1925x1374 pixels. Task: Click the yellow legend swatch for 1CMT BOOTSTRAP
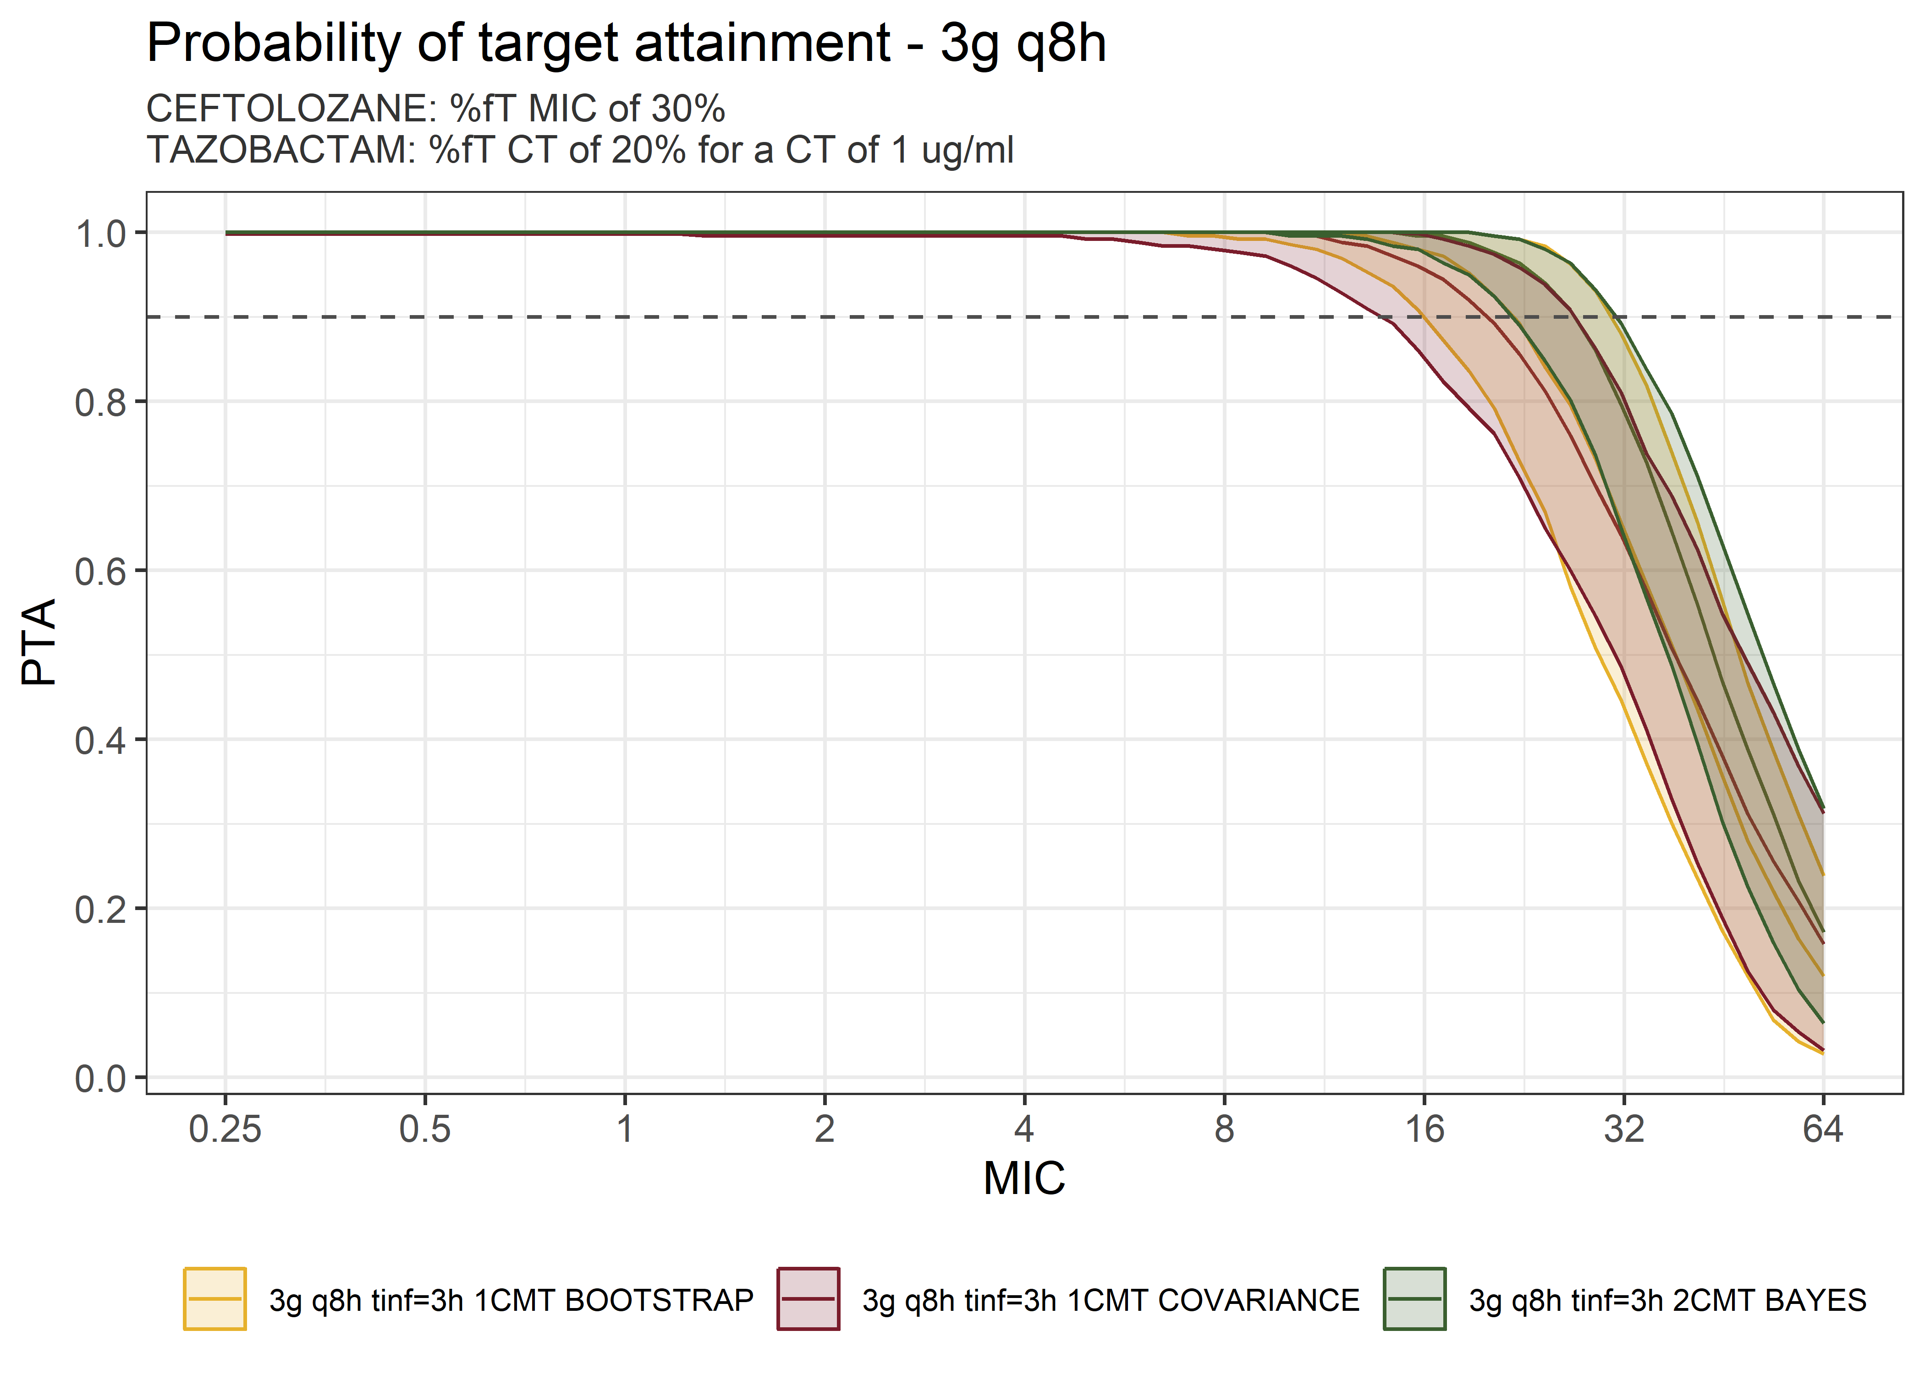tap(215, 1299)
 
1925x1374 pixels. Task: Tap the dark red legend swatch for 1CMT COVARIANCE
tap(808, 1299)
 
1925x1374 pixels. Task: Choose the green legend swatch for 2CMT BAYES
tap(1414, 1299)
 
